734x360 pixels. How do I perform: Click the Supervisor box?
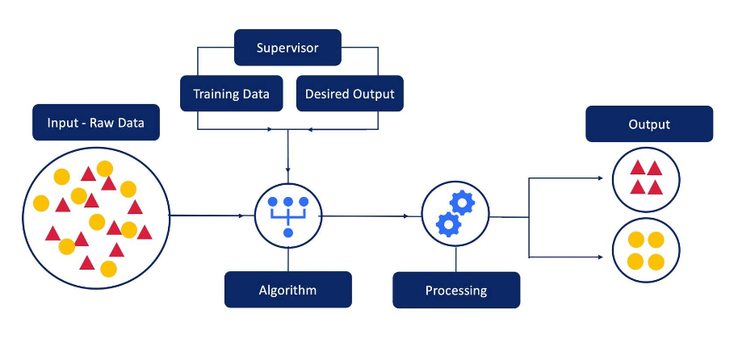click(x=287, y=48)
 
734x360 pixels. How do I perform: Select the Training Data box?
click(x=231, y=94)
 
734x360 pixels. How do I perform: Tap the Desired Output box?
click(x=350, y=94)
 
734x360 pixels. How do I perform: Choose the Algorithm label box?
click(x=287, y=290)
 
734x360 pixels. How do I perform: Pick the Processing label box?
click(x=456, y=290)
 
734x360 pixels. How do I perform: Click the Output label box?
click(x=649, y=124)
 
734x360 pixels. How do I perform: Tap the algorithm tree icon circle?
click(x=288, y=216)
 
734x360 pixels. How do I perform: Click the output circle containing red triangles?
click(x=646, y=178)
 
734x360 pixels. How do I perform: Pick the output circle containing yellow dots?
click(x=646, y=250)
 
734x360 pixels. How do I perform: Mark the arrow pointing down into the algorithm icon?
click(x=288, y=157)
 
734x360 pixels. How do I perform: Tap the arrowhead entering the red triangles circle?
click(x=602, y=178)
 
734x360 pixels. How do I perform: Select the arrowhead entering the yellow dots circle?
click(x=602, y=257)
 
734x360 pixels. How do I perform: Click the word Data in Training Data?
click(x=255, y=94)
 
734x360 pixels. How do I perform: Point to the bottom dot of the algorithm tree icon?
click(x=288, y=232)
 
